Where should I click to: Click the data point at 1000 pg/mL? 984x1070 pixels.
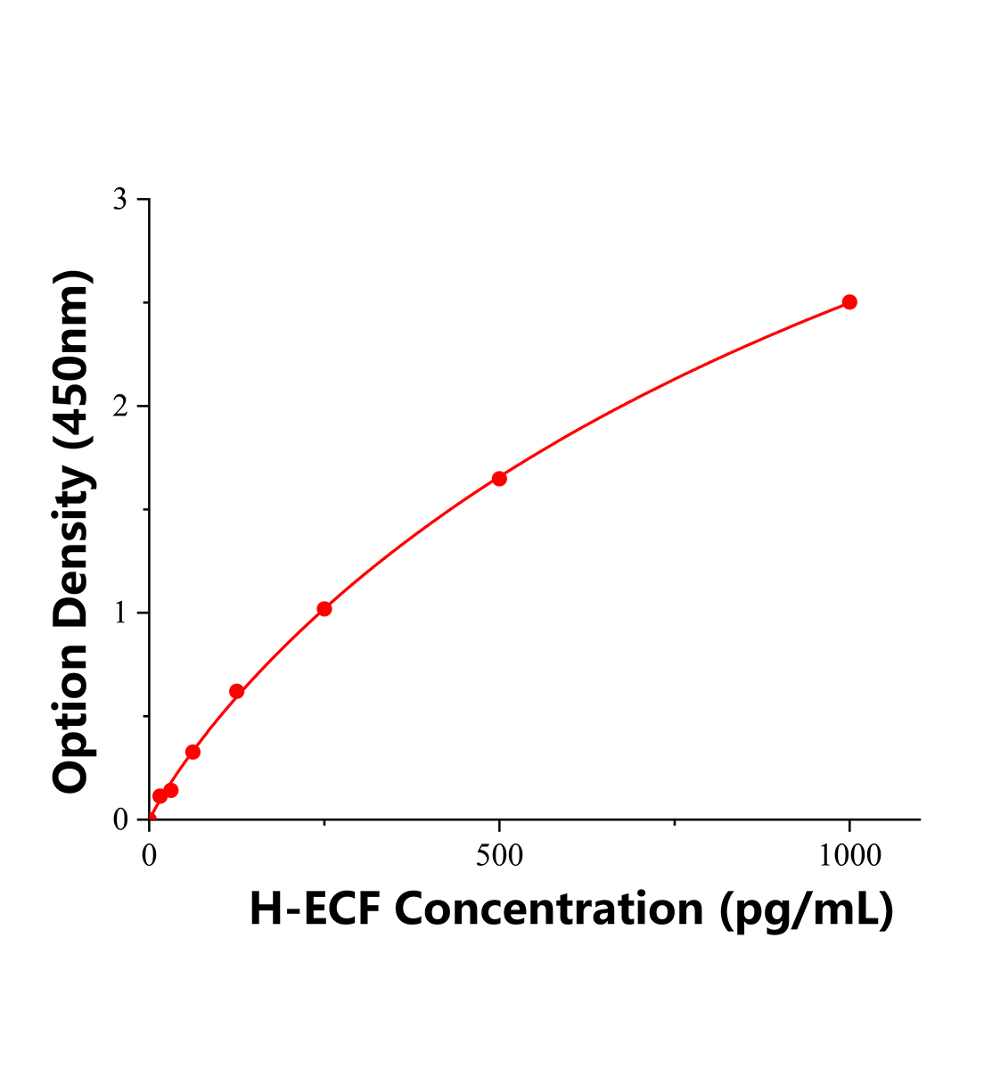pyautogui.click(x=849, y=302)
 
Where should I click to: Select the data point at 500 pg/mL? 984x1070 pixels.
pyautogui.click(x=499, y=479)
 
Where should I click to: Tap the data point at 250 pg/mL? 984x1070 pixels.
pyautogui.click(x=324, y=609)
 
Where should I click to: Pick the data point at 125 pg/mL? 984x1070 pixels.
pyautogui.click(x=237, y=691)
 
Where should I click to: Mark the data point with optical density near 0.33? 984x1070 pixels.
pyautogui.click(x=193, y=752)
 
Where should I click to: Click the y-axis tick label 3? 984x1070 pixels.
pyautogui.click(x=120, y=200)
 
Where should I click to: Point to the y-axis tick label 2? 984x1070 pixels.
pyautogui.click(x=120, y=407)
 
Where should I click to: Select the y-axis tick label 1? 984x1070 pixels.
pyautogui.click(x=120, y=613)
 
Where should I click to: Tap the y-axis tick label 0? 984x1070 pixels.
pyautogui.click(x=120, y=819)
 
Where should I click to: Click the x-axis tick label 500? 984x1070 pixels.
pyautogui.click(x=499, y=856)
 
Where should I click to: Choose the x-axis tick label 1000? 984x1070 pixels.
pyautogui.click(x=849, y=856)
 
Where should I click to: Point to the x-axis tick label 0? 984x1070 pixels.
pyautogui.click(x=150, y=856)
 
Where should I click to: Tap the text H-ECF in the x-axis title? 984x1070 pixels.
pyautogui.click(x=315, y=909)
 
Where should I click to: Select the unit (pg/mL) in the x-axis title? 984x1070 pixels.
pyautogui.click(x=805, y=909)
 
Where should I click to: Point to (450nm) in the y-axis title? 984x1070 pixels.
pyautogui.click(x=71, y=358)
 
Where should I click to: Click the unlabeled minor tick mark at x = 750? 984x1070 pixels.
pyautogui.click(x=675, y=823)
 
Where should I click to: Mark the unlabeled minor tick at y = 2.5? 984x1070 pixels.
pyautogui.click(x=145, y=303)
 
